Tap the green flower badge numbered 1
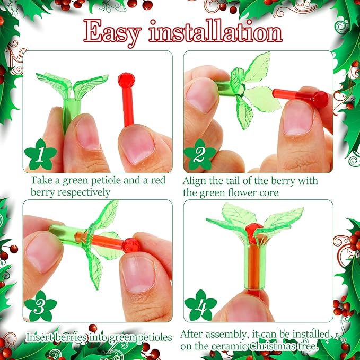[40, 155]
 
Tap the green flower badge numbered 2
[200, 155]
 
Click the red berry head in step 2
[319, 99]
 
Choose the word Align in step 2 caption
[196, 181]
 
